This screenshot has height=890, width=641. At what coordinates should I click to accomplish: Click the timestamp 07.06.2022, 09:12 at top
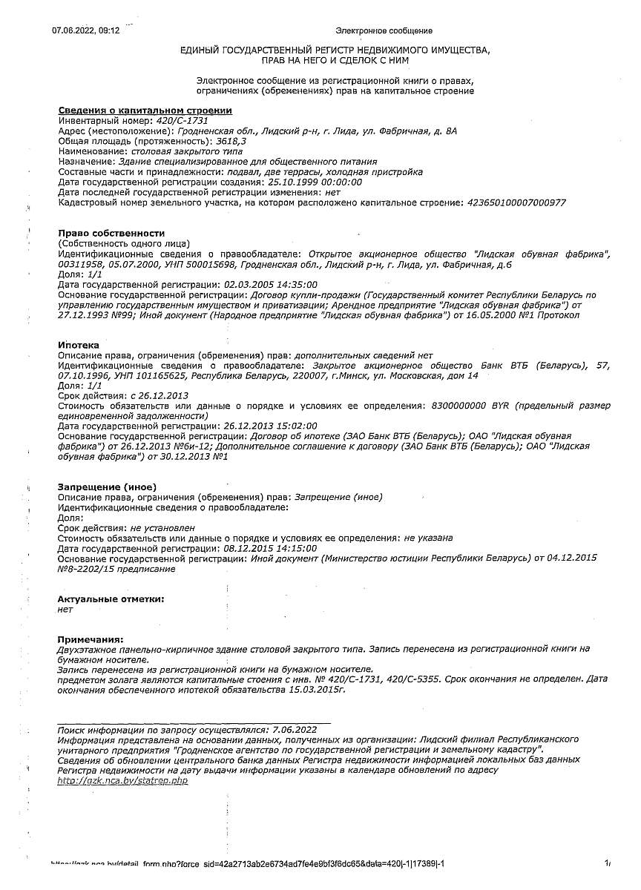point(85,30)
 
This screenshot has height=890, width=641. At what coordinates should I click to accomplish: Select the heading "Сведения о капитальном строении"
point(145,111)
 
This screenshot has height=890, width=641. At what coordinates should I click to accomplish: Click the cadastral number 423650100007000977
point(516,202)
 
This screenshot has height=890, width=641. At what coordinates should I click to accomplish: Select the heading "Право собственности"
point(111,234)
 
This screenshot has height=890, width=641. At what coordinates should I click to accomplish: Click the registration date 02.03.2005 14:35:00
point(270,285)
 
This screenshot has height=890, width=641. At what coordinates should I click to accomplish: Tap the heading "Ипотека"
point(79,346)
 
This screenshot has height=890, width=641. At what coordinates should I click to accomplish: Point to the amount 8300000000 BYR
point(466,406)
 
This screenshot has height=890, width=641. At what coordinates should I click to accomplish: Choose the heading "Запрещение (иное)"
point(107,487)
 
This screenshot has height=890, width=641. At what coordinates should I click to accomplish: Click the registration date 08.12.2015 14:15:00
point(270,548)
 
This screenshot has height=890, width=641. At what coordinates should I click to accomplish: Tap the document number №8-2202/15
point(88,569)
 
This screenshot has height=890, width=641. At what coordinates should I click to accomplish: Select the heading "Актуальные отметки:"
point(111,599)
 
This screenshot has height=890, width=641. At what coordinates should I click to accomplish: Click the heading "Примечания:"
point(91,639)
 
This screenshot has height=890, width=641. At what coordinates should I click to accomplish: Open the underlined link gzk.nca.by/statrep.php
point(122,780)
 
